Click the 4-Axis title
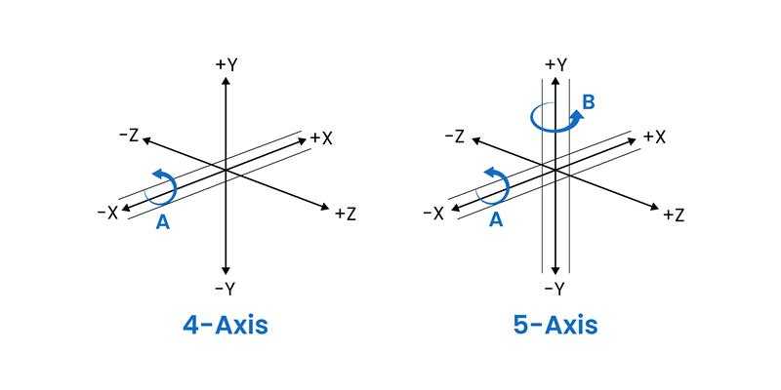pos(226,326)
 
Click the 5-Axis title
pos(555,326)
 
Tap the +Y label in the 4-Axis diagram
pos(226,65)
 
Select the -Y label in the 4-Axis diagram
pos(226,289)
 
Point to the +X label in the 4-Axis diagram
pos(321,138)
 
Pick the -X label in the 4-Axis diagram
pos(107,214)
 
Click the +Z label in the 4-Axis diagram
pos(346,214)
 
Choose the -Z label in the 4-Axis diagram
pos(129,136)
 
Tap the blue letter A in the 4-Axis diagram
pos(163,223)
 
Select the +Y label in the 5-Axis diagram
pos(555,64)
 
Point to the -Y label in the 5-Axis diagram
pos(555,289)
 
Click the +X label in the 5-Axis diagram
pos(654,137)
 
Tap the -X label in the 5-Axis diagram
pos(433,214)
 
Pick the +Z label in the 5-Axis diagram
pos(674,214)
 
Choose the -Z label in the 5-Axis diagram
pos(454,136)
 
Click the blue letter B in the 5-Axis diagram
pos(589,102)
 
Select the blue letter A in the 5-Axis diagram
pos(496,219)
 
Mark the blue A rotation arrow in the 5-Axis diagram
pos(493,185)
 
